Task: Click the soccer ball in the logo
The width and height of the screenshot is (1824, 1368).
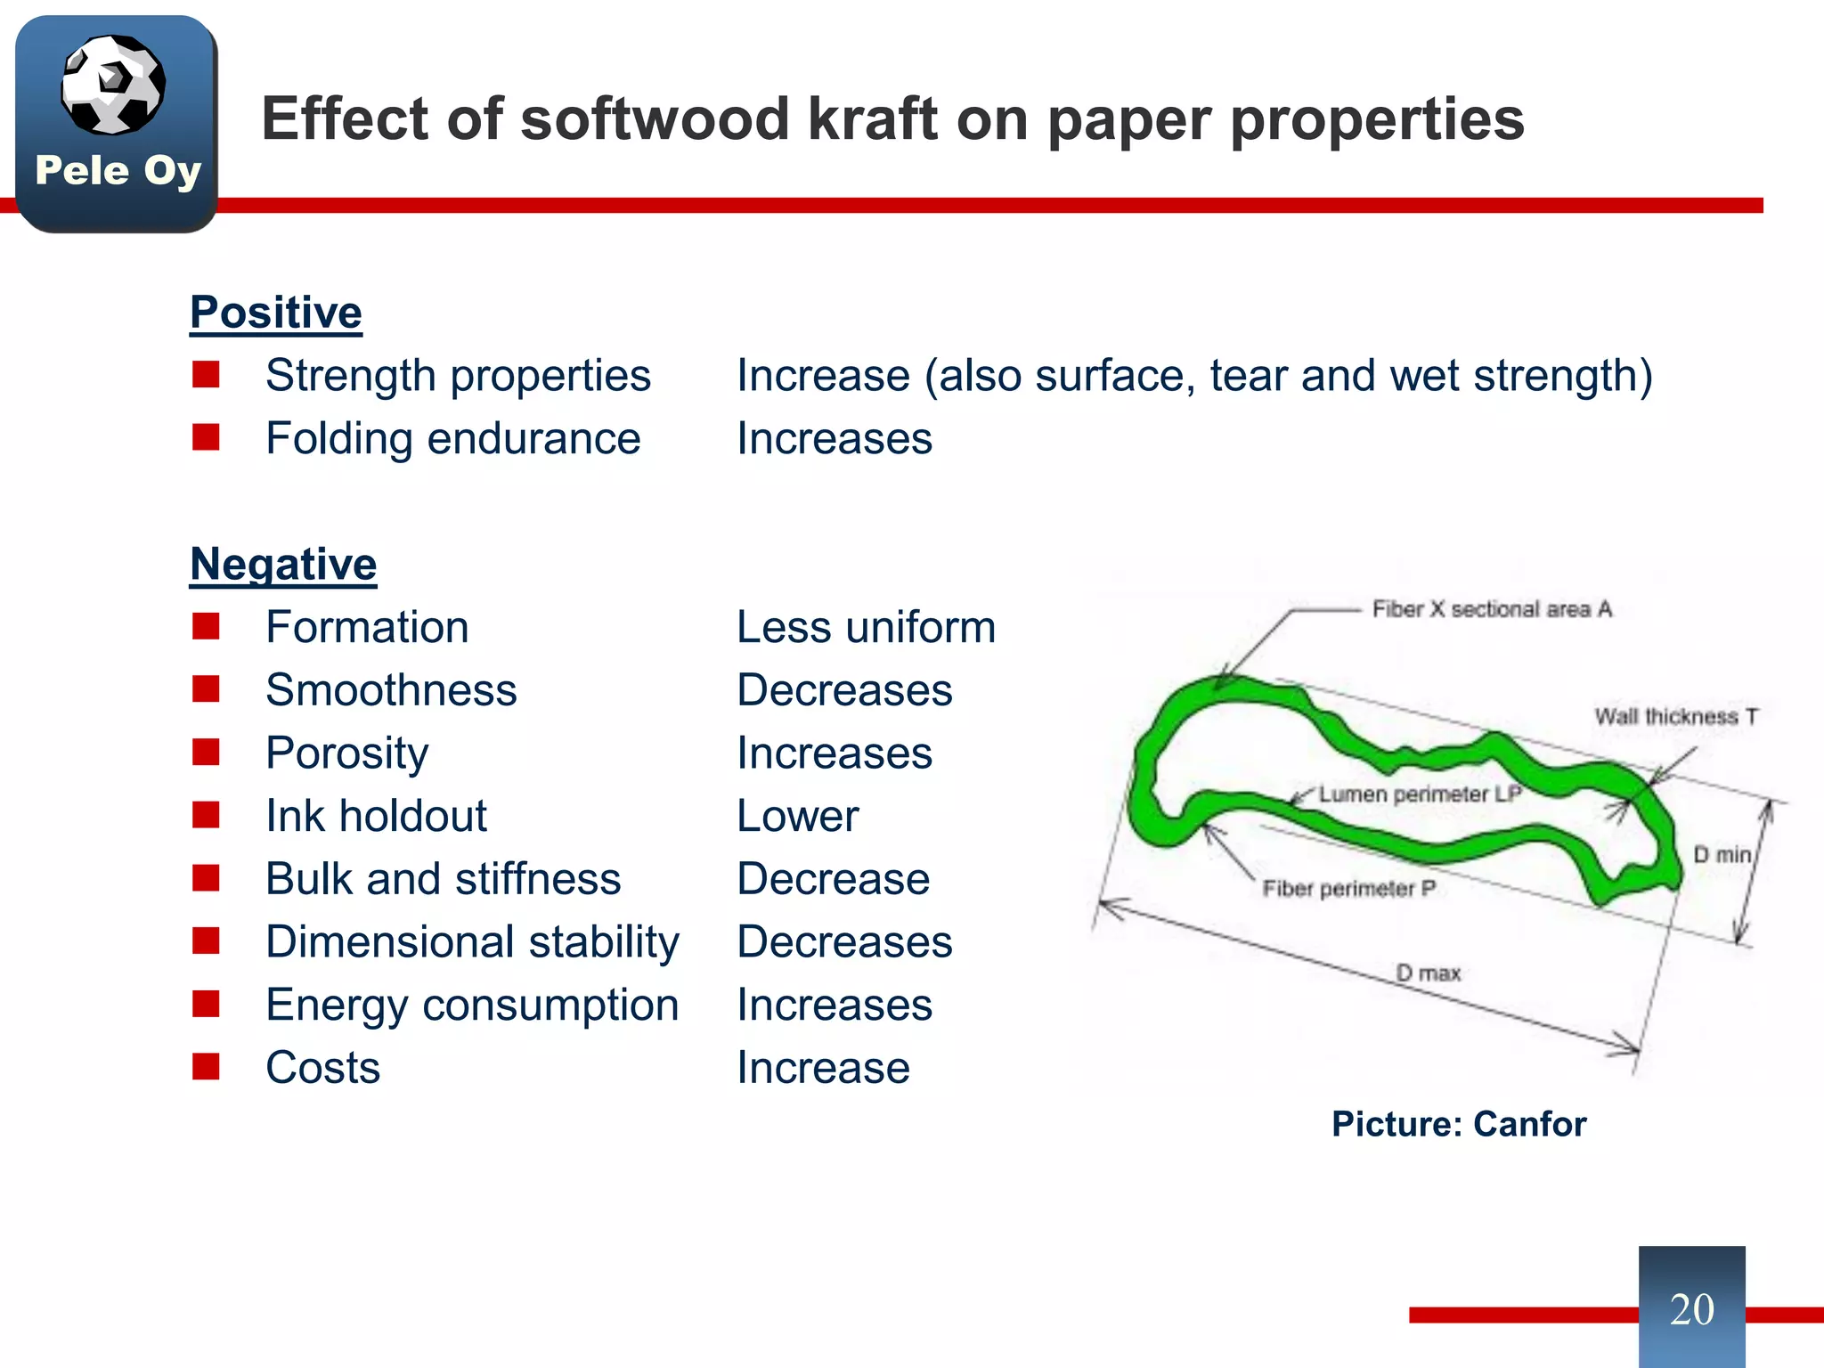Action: click(x=113, y=85)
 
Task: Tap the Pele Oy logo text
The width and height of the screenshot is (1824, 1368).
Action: click(x=118, y=170)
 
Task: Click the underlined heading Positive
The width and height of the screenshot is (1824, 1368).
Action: click(x=276, y=313)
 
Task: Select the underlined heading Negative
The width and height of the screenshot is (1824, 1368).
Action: click(x=283, y=565)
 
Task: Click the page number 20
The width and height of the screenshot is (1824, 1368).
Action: click(x=1691, y=1309)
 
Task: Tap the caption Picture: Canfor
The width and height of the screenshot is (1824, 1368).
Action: click(x=1459, y=1124)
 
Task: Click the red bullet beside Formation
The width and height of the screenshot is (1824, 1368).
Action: click(x=206, y=627)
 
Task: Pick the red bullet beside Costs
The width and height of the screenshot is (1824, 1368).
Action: click(x=206, y=1067)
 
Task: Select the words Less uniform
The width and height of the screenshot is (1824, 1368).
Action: click(x=866, y=627)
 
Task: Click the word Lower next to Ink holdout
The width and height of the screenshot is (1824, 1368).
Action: click(x=797, y=816)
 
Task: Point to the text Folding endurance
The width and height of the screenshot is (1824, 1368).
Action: click(x=452, y=439)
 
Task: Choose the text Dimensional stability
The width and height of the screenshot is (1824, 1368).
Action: click(x=472, y=942)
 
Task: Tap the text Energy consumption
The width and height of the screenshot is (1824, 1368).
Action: click(x=472, y=1006)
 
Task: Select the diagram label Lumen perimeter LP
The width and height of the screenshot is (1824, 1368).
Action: click(x=1420, y=794)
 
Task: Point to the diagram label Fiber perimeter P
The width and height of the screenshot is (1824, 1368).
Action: click(x=1348, y=888)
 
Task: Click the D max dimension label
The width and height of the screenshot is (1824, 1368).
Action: click(x=1429, y=973)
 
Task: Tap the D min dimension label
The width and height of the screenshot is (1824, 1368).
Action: click(x=1722, y=855)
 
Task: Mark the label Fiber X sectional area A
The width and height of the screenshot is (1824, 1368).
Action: click(x=1492, y=609)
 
